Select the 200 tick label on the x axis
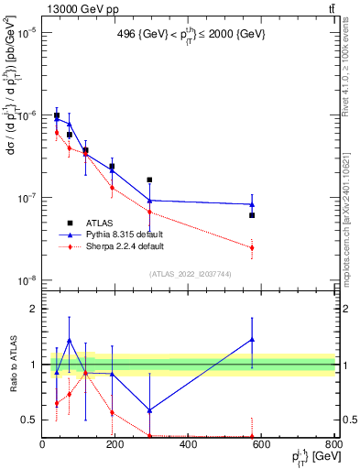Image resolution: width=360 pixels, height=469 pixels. point(115,444)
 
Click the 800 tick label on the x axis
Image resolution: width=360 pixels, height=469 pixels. point(333,444)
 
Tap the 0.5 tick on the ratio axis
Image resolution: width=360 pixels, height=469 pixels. point(29,420)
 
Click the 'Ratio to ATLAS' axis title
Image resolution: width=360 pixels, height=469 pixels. point(11,364)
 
